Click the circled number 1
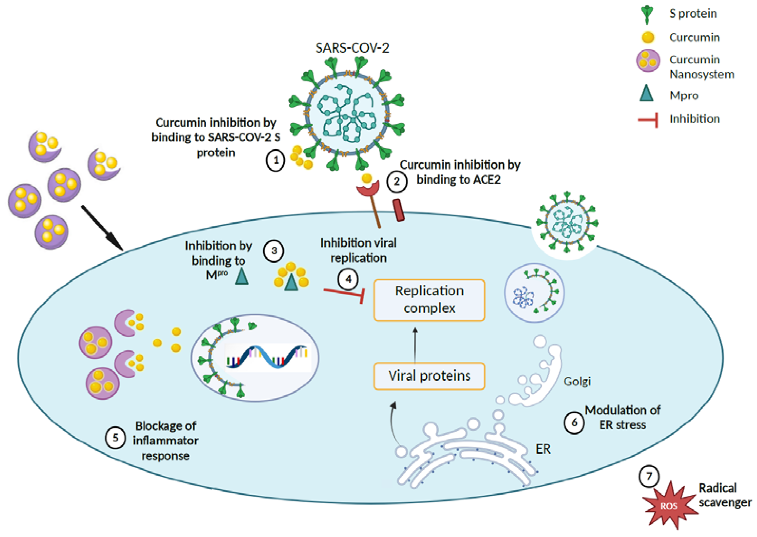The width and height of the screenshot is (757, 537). click(x=275, y=161)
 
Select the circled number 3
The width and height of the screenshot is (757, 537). click(x=274, y=251)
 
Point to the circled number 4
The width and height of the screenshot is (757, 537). click(x=348, y=279)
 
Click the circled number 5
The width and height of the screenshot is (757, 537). click(x=115, y=438)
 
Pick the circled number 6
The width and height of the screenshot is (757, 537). click(x=574, y=422)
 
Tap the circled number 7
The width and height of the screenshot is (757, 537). click(x=649, y=476)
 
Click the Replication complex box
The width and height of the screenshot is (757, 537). click(x=429, y=300)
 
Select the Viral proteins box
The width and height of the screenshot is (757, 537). click(x=429, y=376)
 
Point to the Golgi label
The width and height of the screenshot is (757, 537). click(x=577, y=381)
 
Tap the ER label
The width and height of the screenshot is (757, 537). click(x=543, y=449)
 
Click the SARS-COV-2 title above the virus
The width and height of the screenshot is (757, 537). click(x=352, y=48)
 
